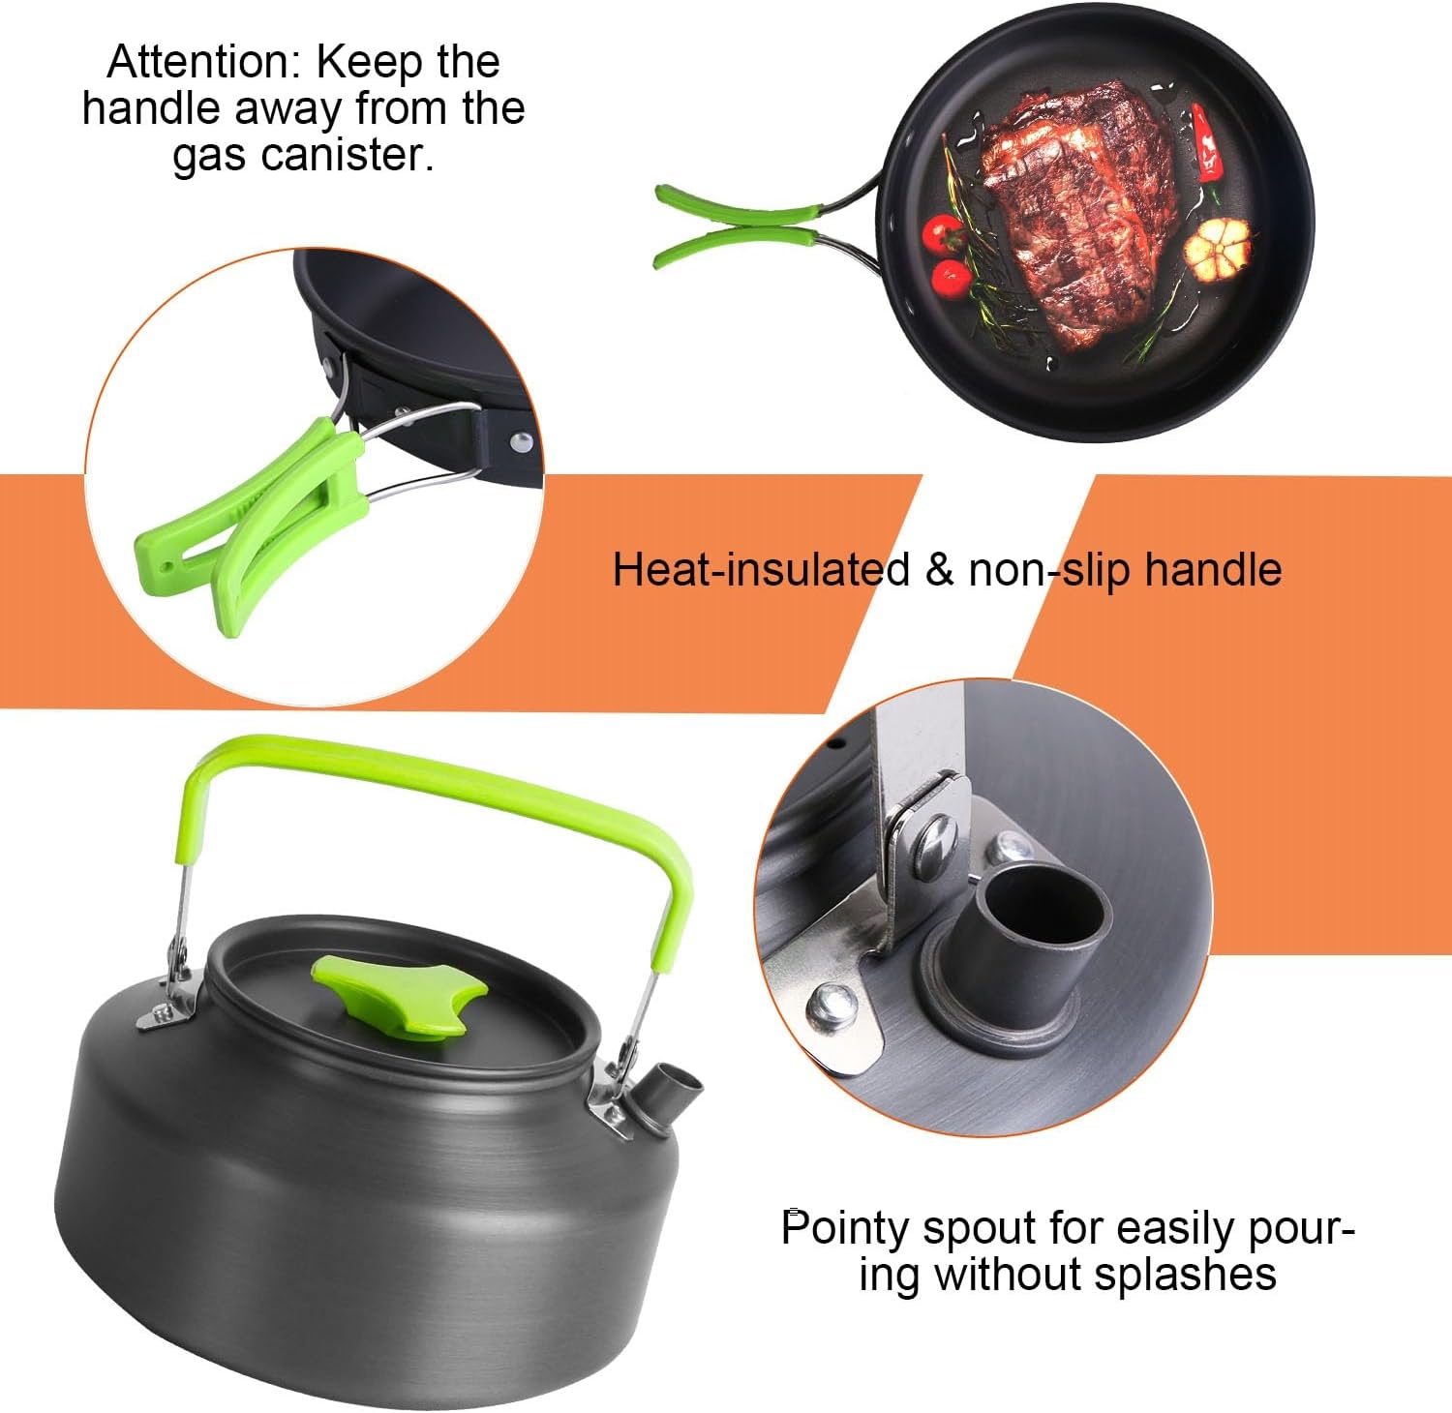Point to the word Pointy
tap(844, 1229)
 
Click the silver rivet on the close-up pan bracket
tap(522, 442)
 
